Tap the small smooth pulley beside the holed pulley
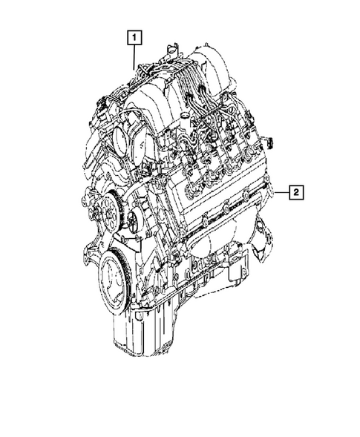pyautogui.click(x=133, y=220)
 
